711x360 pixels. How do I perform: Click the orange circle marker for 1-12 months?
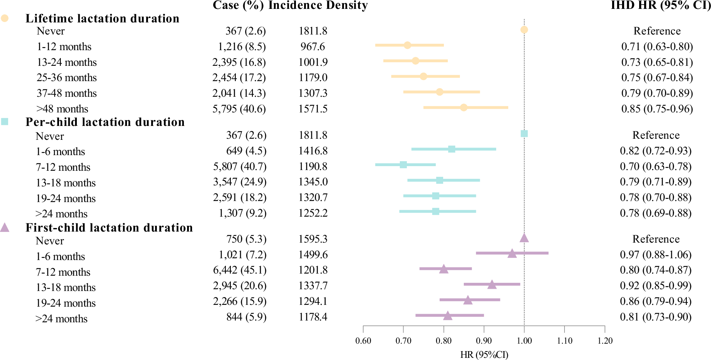tap(407, 45)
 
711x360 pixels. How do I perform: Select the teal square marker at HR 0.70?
tap(403, 165)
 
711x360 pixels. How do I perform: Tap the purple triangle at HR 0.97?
tap(512, 254)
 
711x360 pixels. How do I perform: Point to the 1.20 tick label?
tap(605, 341)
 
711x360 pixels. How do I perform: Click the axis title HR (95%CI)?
tap(484, 355)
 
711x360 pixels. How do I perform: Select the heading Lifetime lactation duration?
tap(102, 18)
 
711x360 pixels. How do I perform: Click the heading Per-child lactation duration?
tap(105, 122)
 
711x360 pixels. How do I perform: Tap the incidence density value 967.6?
tap(313, 47)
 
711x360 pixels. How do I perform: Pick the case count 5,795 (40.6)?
tap(239, 109)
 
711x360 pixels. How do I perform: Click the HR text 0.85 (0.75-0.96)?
tap(657, 109)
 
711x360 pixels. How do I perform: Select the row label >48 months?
tap(62, 109)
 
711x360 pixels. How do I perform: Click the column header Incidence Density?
tap(318, 5)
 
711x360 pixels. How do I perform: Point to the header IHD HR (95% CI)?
tap(660, 5)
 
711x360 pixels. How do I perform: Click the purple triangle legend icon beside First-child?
tap(5, 228)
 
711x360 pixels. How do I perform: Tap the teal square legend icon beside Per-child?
tap(5, 122)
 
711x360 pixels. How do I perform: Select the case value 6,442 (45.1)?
tap(240, 270)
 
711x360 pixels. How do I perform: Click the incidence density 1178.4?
tap(313, 317)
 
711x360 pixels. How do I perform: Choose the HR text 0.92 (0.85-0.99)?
tap(656, 286)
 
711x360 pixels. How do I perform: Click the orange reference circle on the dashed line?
tap(524, 30)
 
